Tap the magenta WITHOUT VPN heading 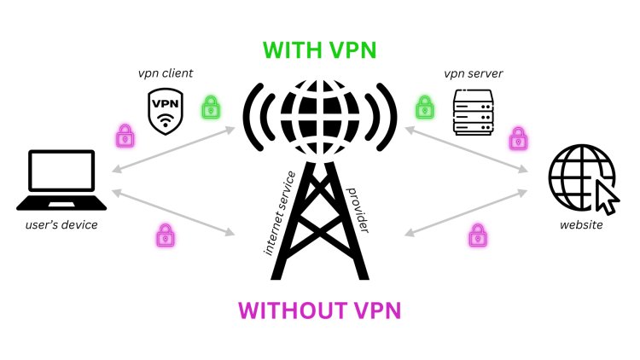pyautogui.click(x=319, y=309)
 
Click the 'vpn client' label pyautogui.click(x=166, y=74)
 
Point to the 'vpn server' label pyautogui.click(x=473, y=74)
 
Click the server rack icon pyautogui.click(x=473, y=112)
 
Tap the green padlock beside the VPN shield pyautogui.click(x=210, y=108)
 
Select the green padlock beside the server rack pyautogui.click(x=424, y=108)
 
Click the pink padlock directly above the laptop pyautogui.click(x=125, y=135)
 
